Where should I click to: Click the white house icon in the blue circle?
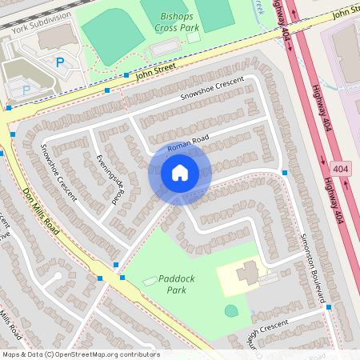pos(179,172)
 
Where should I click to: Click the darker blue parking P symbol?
pos(59,62)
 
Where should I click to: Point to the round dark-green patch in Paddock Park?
pos(231,310)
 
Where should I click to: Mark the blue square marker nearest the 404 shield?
pos(285,173)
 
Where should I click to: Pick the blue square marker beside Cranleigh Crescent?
pos(328,306)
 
